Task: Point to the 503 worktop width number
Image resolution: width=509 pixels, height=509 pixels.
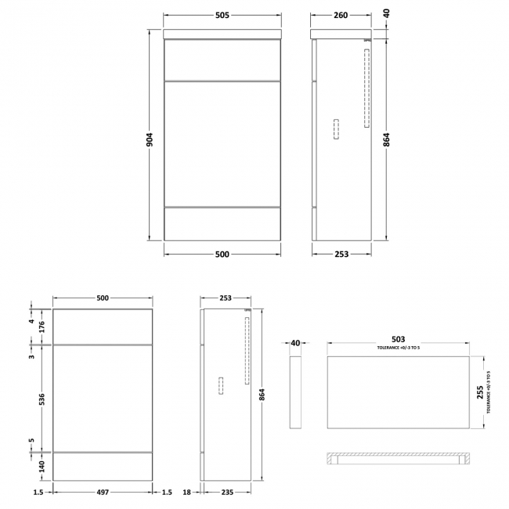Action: click(x=399, y=341)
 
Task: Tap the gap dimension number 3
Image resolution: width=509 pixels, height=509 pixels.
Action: click(x=32, y=357)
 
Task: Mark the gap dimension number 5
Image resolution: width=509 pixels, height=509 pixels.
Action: click(x=32, y=440)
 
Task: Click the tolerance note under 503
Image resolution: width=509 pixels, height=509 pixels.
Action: click(x=399, y=348)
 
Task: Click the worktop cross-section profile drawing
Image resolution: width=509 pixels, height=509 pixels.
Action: click(x=399, y=459)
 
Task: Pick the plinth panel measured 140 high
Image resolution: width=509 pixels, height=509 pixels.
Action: click(x=103, y=465)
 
